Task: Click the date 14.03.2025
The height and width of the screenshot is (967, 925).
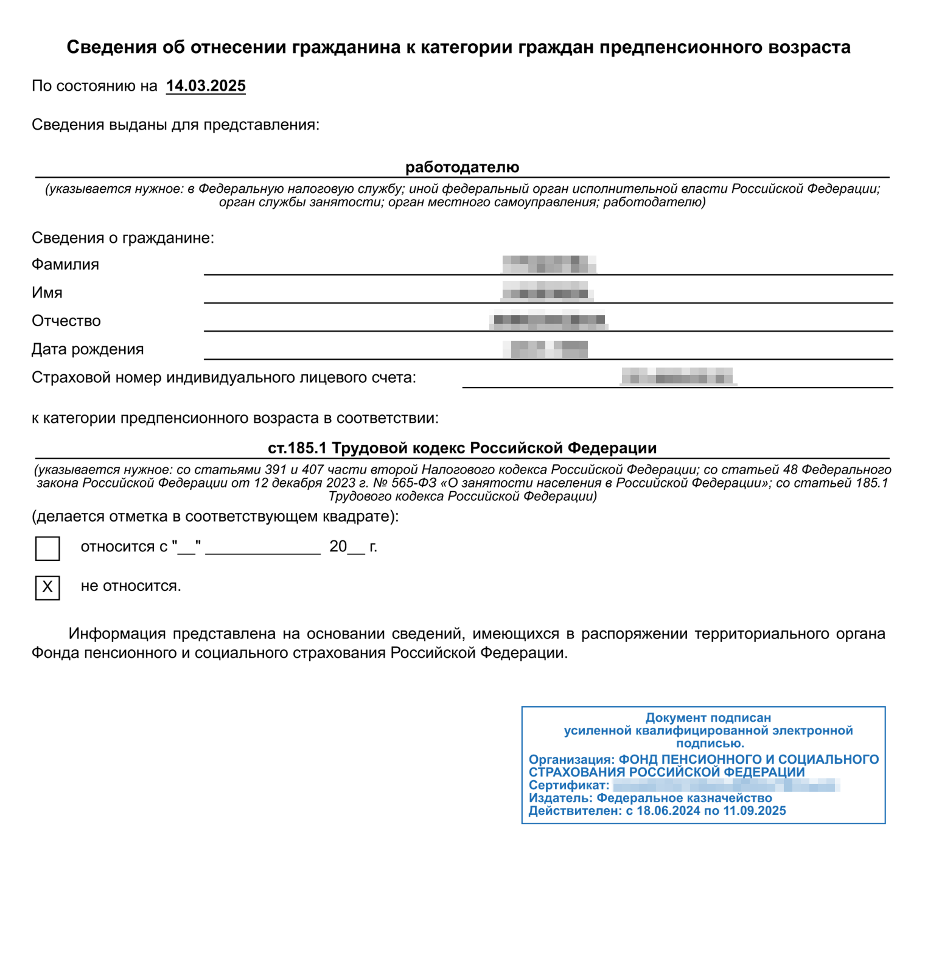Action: (206, 86)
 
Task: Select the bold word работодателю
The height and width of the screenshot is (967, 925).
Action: (462, 167)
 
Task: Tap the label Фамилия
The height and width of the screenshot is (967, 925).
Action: (65, 264)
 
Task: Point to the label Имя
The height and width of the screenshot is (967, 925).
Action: (47, 293)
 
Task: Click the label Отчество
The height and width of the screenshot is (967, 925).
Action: (66, 321)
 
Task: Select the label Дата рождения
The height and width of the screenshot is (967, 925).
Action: (88, 349)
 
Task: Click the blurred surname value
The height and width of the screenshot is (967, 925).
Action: (548, 264)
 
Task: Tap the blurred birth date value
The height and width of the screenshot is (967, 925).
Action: (546, 349)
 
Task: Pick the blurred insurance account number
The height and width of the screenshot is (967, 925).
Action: (678, 376)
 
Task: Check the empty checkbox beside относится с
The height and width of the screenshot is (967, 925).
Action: (47, 548)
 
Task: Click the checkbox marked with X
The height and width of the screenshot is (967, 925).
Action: (47, 587)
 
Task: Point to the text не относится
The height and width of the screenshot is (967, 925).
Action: (131, 586)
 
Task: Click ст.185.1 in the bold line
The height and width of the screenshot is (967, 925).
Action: (297, 448)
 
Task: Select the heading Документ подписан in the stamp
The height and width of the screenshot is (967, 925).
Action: (708, 717)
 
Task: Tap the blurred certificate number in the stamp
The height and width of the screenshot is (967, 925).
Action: (726, 785)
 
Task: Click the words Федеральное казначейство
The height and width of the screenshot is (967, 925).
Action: (684, 798)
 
